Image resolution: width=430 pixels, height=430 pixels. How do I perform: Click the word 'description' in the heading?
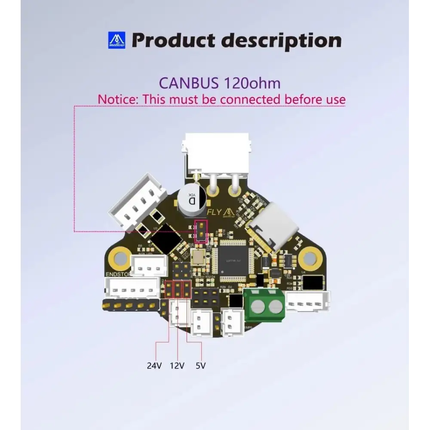(281, 40)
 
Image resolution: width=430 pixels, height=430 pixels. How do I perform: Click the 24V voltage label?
(154, 366)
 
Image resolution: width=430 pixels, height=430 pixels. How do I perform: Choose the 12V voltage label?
(177, 366)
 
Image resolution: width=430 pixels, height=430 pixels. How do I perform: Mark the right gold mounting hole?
(308, 258)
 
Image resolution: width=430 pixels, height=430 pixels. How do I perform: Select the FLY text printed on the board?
(214, 212)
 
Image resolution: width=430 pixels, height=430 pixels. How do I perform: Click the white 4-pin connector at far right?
(308, 301)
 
